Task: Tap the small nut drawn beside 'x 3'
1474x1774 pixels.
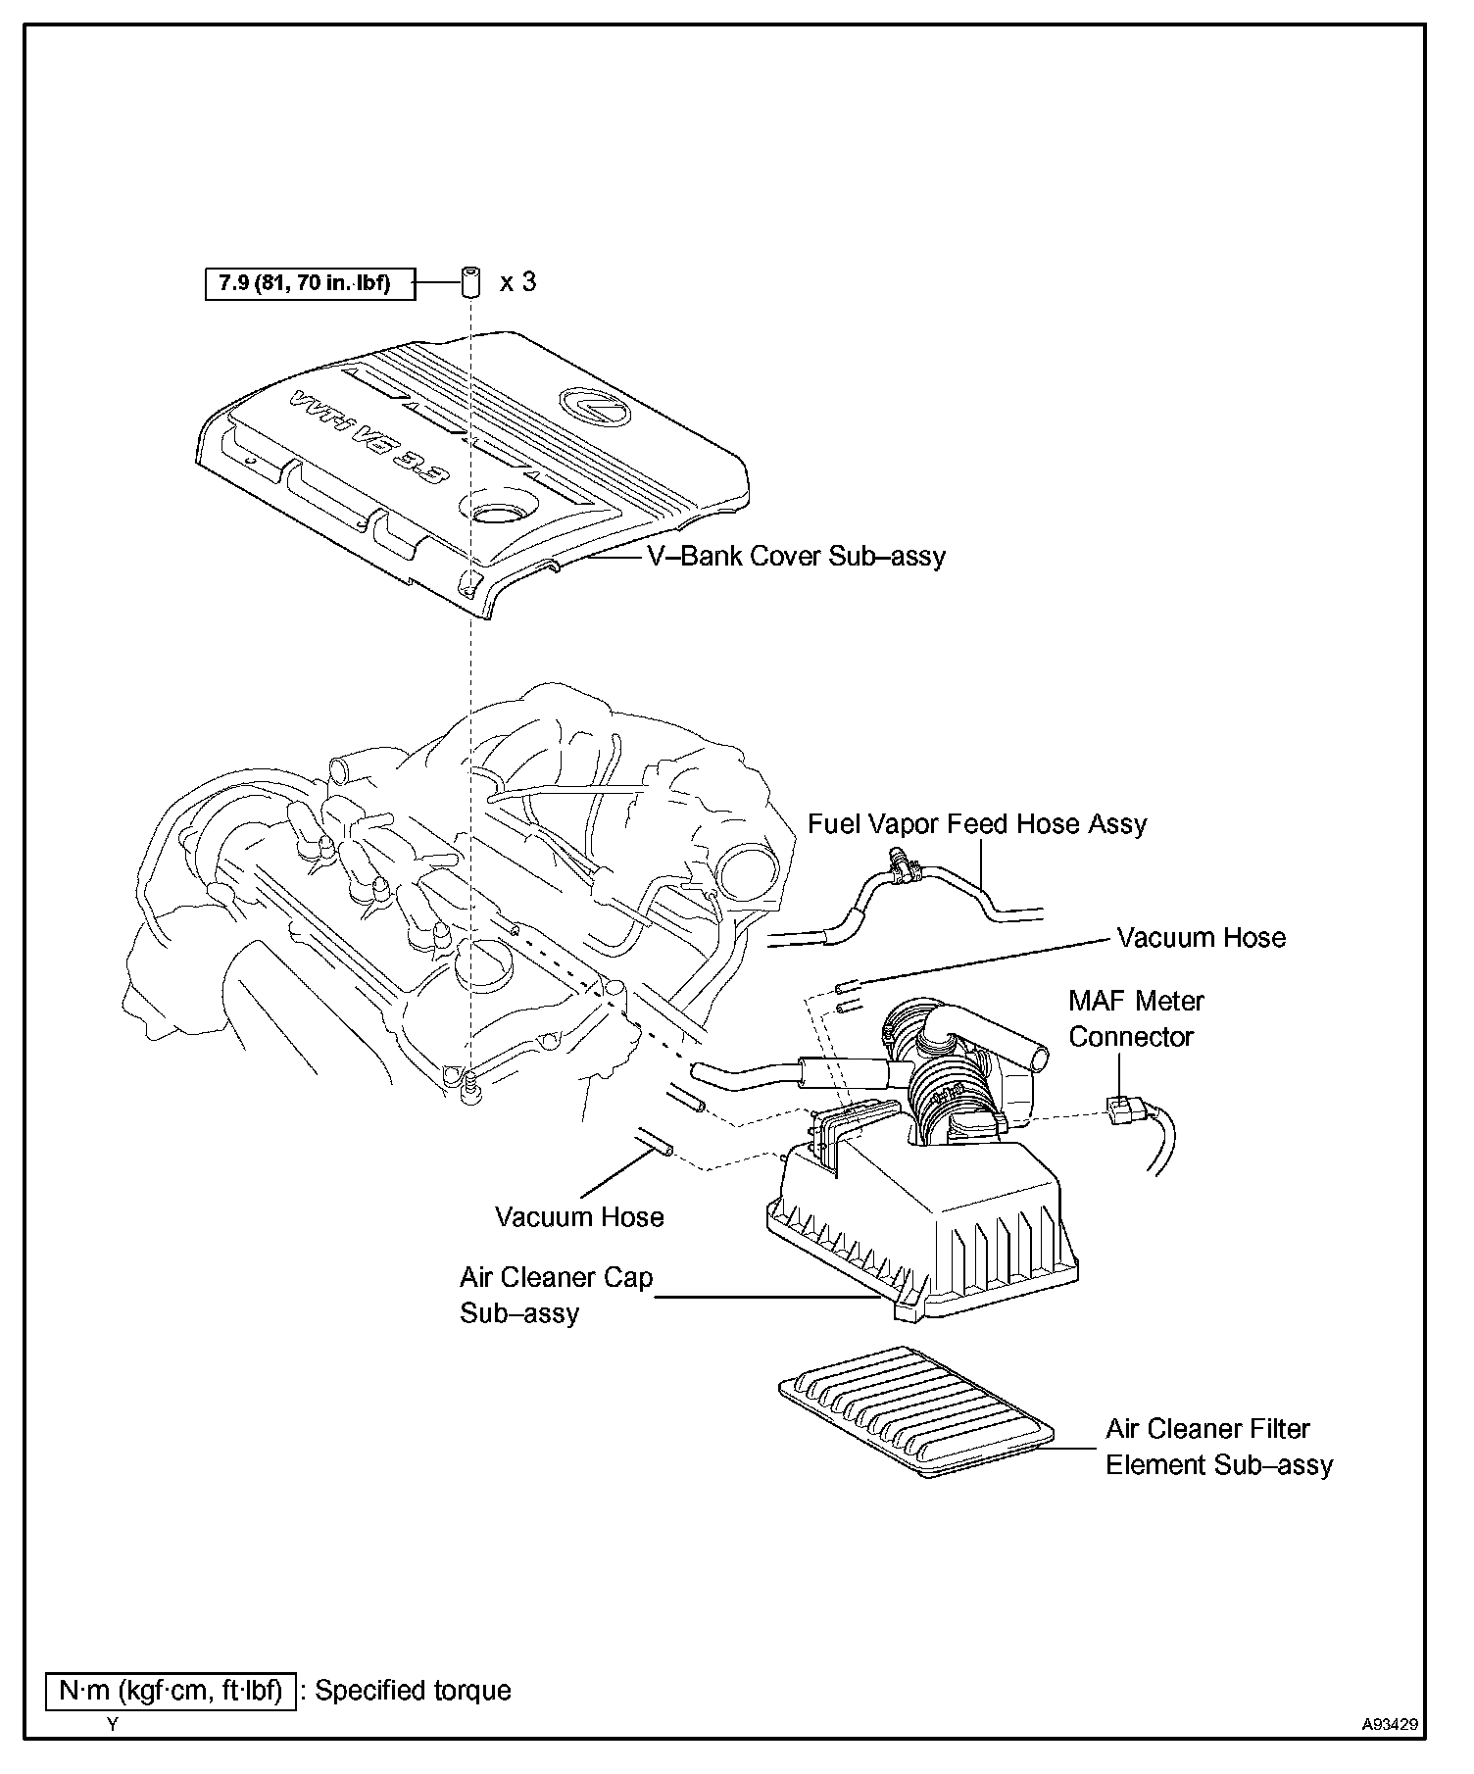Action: [x=470, y=282]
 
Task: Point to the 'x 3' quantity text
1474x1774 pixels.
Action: [x=517, y=282]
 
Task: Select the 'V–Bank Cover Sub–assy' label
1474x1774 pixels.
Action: [x=796, y=557]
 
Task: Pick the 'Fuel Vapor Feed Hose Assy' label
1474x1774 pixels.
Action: [x=977, y=823]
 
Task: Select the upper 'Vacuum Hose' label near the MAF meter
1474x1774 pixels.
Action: [x=1201, y=938]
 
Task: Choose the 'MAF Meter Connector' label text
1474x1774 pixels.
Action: [x=1135, y=1018]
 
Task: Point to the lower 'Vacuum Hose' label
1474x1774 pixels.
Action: [x=579, y=1217]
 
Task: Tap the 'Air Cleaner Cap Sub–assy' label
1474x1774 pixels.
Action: [x=556, y=1295]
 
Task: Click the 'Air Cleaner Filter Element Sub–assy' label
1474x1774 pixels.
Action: [x=1218, y=1447]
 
